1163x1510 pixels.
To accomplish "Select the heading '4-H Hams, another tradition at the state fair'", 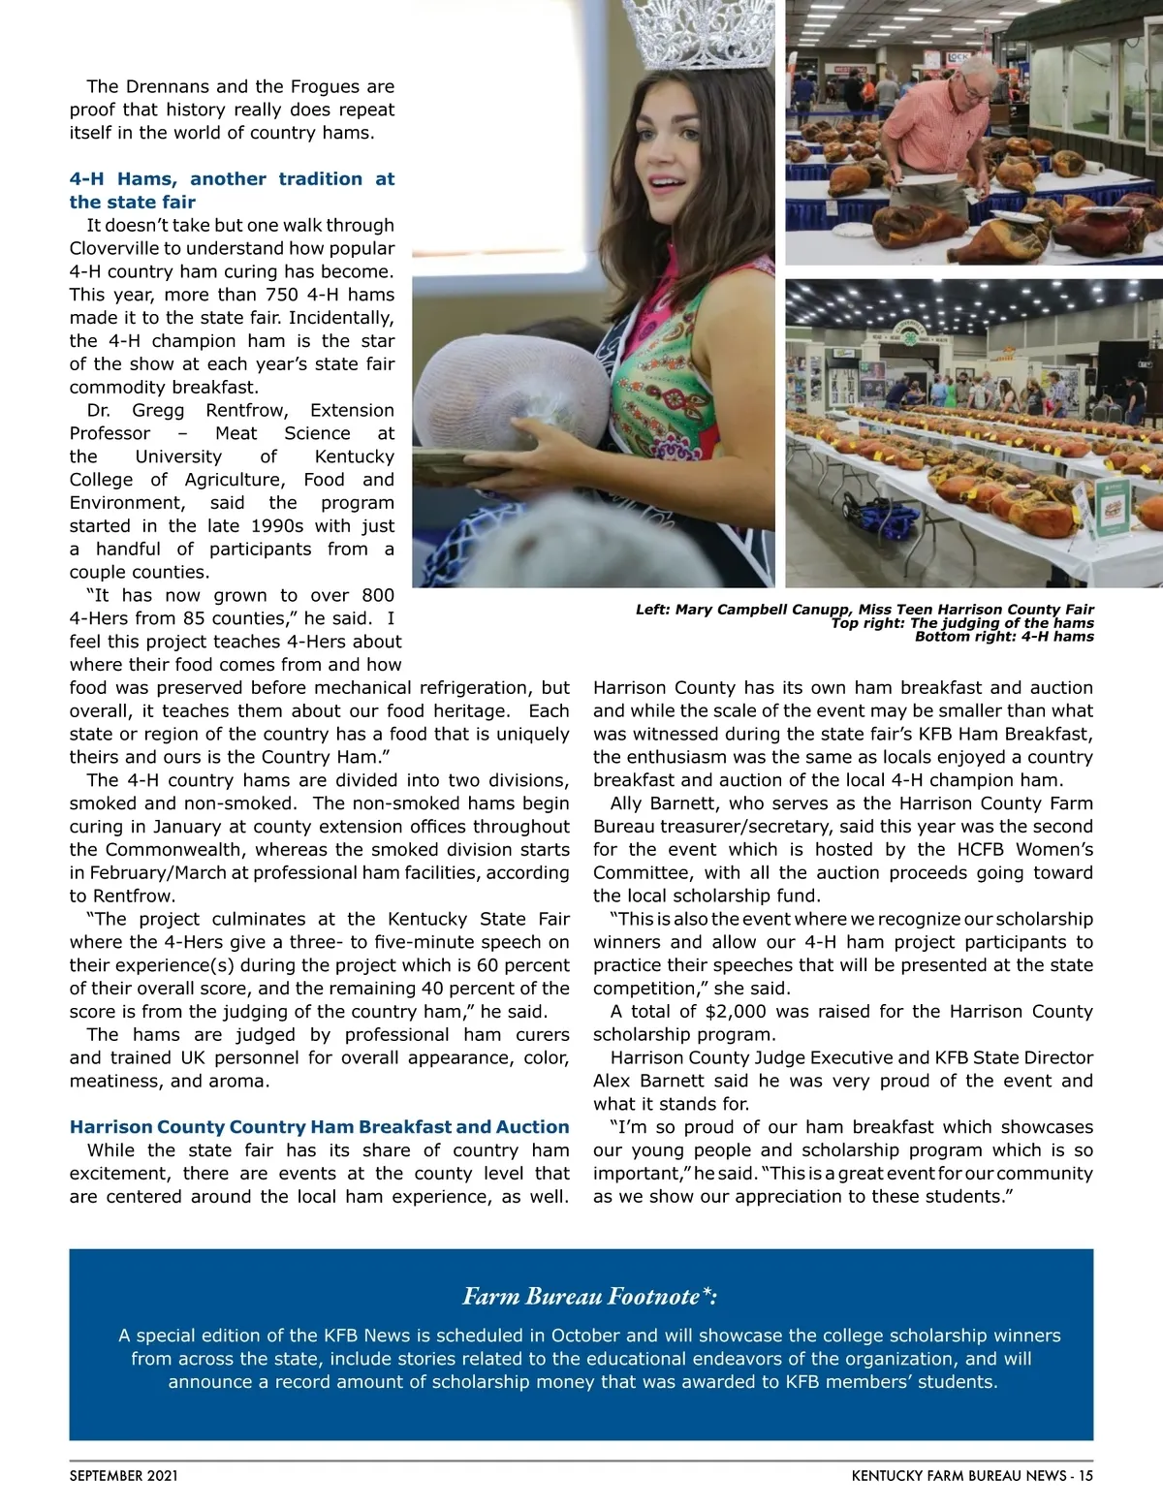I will tap(232, 190).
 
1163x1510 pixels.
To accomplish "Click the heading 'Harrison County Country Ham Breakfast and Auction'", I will tap(319, 1126).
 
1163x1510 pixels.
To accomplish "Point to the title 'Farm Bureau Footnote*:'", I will tap(589, 1296).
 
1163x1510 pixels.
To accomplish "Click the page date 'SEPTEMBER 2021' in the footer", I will tap(123, 1476).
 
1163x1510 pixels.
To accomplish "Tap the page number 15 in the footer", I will tap(1085, 1476).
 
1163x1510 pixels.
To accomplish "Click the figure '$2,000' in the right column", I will tap(735, 1011).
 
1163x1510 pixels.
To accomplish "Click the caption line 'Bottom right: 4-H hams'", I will tap(1004, 637).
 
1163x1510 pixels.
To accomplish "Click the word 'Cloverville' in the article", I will tap(115, 248).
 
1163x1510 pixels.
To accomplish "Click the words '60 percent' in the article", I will tap(522, 964).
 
